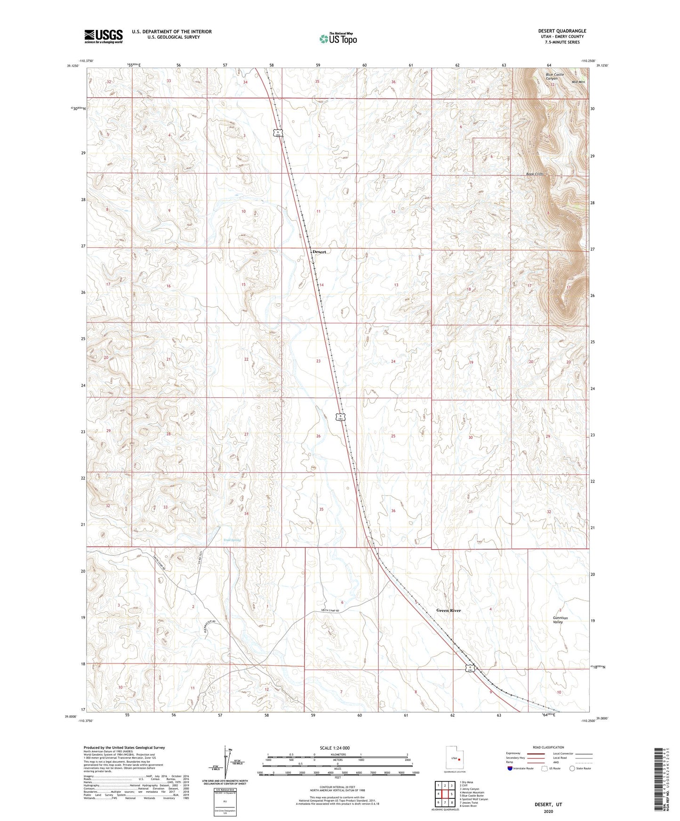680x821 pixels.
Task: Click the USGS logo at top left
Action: click(x=104, y=36)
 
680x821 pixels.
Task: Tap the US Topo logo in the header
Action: click(x=337, y=39)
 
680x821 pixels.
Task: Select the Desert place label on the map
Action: click(x=319, y=252)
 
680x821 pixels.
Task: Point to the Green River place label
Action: click(x=448, y=610)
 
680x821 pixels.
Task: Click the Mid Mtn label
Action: click(x=578, y=82)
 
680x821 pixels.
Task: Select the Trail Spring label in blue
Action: click(x=232, y=540)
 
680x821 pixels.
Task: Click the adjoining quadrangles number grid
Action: click(x=445, y=794)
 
